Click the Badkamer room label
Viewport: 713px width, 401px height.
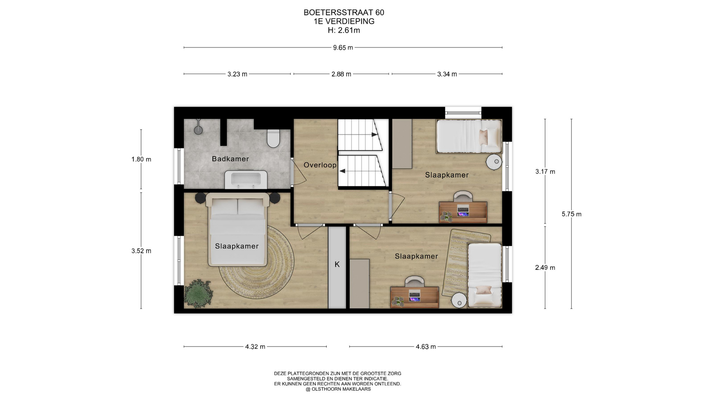tap(230, 159)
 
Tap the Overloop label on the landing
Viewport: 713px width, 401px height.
tap(320, 165)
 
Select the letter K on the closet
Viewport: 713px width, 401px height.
tap(337, 264)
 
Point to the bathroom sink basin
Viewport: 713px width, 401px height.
tap(246, 180)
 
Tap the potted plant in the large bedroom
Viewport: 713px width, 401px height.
tap(199, 293)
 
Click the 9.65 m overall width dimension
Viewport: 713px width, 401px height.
tap(343, 48)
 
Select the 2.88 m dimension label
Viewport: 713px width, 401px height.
tap(341, 74)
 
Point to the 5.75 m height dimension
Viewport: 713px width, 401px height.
tap(572, 214)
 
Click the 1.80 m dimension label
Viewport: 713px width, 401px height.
tap(141, 159)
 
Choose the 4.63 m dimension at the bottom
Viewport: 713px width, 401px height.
tap(426, 347)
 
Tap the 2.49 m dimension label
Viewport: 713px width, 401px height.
tap(545, 268)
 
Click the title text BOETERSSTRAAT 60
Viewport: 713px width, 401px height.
tap(344, 12)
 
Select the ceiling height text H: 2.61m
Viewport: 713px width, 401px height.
tap(344, 30)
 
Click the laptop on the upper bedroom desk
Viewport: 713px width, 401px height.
tap(463, 211)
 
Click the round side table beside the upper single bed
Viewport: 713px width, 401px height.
tap(494, 162)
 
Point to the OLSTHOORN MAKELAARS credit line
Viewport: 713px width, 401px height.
tap(338, 389)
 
